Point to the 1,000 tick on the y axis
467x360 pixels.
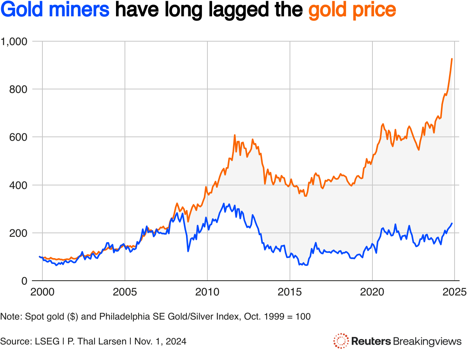pyautogui.click(x=14, y=41)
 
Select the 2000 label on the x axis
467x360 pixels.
pyautogui.click(x=42, y=292)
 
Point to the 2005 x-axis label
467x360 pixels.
pyautogui.click(x=125, y=292)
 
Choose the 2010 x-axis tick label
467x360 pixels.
pyautogui.click(x=207, y=292)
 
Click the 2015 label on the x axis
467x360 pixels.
pyautogui.click(x=290, y=292)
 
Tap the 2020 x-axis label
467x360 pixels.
pyautogui.click(x=372, y=292)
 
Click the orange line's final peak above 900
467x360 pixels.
pyautogui.click(x=452, y=59)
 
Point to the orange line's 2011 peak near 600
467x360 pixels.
pyautogui.click(x=235, y=135)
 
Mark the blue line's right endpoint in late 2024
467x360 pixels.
pyautogui.click(x=452, y=223)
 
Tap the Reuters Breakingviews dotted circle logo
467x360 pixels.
pyautogui.click(x=341, y=341)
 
